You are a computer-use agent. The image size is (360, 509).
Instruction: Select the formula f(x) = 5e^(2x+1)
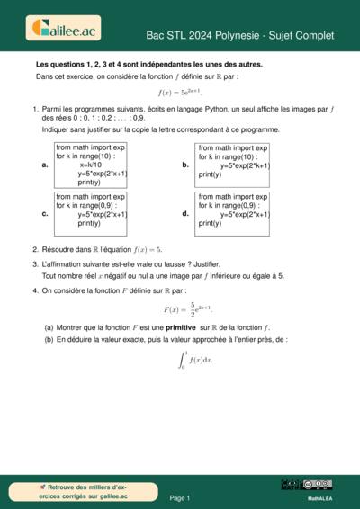coord(180,93)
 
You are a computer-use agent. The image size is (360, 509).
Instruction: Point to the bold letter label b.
coord(184,165)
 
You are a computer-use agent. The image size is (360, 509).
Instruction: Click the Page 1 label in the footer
coord(180,497)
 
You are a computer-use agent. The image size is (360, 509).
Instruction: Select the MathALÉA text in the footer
coord(321,497)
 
